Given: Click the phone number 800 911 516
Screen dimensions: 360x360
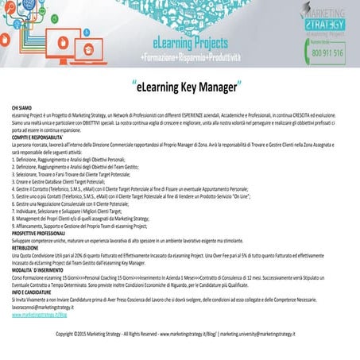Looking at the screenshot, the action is (327, 53).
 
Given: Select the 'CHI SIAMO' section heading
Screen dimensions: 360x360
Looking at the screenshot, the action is (22, 106).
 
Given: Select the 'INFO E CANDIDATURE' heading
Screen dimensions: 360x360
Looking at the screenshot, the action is (34, 293).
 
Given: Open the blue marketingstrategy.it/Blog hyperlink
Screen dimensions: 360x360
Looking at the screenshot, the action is (45, 315).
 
